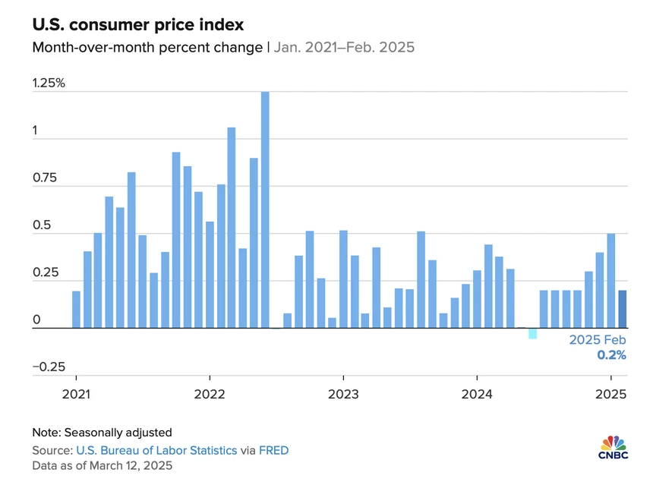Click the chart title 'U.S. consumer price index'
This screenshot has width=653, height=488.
[x=137, y=25]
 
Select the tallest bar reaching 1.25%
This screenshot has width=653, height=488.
[x=265, y=210]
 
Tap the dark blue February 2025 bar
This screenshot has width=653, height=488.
[x=622, y=309]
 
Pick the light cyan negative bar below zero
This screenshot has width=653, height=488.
[x=533, y=333]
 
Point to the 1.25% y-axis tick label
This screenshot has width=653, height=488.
[x=49, y=83]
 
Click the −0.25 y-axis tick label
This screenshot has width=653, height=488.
[x=49, y=367]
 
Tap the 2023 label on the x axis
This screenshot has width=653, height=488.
[x=343, y=395]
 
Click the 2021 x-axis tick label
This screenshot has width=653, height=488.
[x=76, y=395]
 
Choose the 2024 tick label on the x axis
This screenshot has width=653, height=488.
[x=477, y=395]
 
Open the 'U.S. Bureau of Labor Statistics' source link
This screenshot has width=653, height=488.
[x=156, y=450]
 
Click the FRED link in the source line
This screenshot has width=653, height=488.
[x=273, y=450]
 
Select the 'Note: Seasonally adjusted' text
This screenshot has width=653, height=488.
[x=102, y=433]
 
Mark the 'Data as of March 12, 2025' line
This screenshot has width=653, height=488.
[x=102, y=465]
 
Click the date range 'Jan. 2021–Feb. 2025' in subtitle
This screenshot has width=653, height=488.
[x=344, y=47]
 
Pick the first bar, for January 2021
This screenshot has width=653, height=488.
[x=76, y=310]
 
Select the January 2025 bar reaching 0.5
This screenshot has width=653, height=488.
[x=610, y=281]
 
